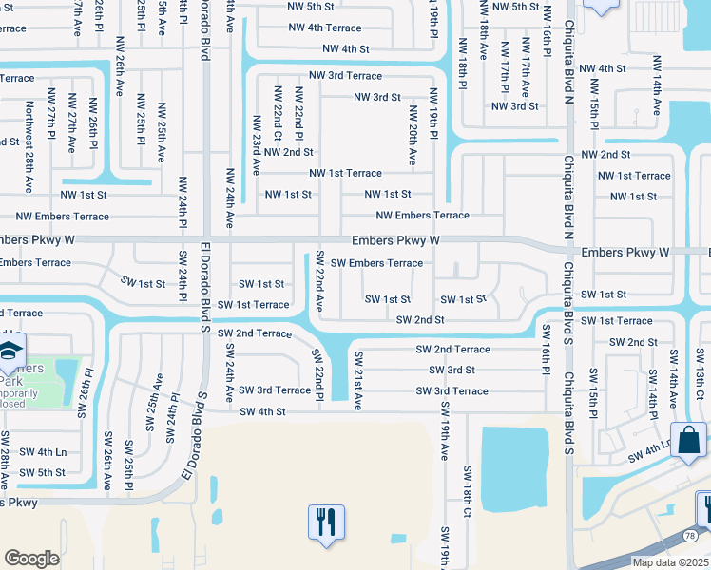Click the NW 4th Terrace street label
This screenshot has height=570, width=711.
click(325, 28)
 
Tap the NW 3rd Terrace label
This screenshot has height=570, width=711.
click(345, 75)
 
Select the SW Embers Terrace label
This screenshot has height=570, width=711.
click(376, 263)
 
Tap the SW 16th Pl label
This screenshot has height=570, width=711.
click(546, 350)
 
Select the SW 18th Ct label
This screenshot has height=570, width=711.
click(468, 492)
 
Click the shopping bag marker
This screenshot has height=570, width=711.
click(688, 441)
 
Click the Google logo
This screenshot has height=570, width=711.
click(31, 558)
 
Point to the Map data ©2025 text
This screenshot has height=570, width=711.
click(670, 562)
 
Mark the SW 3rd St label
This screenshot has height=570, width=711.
click(452, 370)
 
